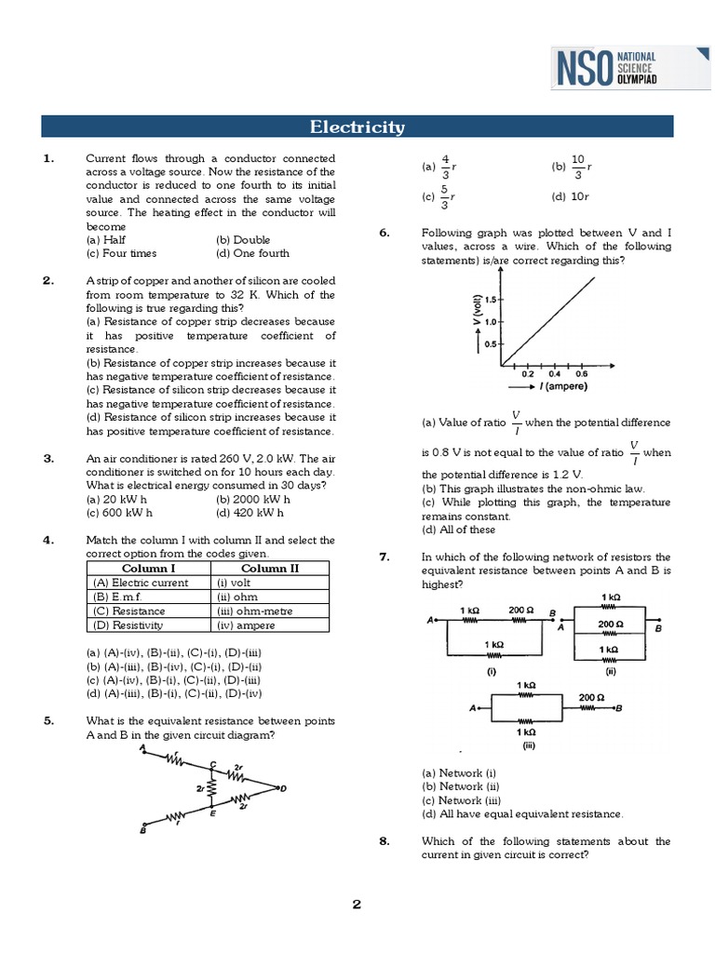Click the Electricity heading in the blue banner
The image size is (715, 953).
pyautogui.click(x=357, y=128)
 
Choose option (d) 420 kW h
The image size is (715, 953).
pyautogui.click(x=249, y=512)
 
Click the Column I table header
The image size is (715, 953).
pyautogui.click(x=148, y=569)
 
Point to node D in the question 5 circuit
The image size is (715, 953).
pyautogui.click(x=283, y=789)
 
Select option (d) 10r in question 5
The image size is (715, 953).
pyautogui.click(x=571, y=196)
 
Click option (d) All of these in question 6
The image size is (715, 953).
pyautogui.click(x=458, y=530)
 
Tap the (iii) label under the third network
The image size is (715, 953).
pyautogui.click(x=528, y=745)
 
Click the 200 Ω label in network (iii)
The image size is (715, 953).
pyautogui.click(x=591, y=696)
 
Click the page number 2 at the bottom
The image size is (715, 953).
pyautogui.click(x=357, y=905)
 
